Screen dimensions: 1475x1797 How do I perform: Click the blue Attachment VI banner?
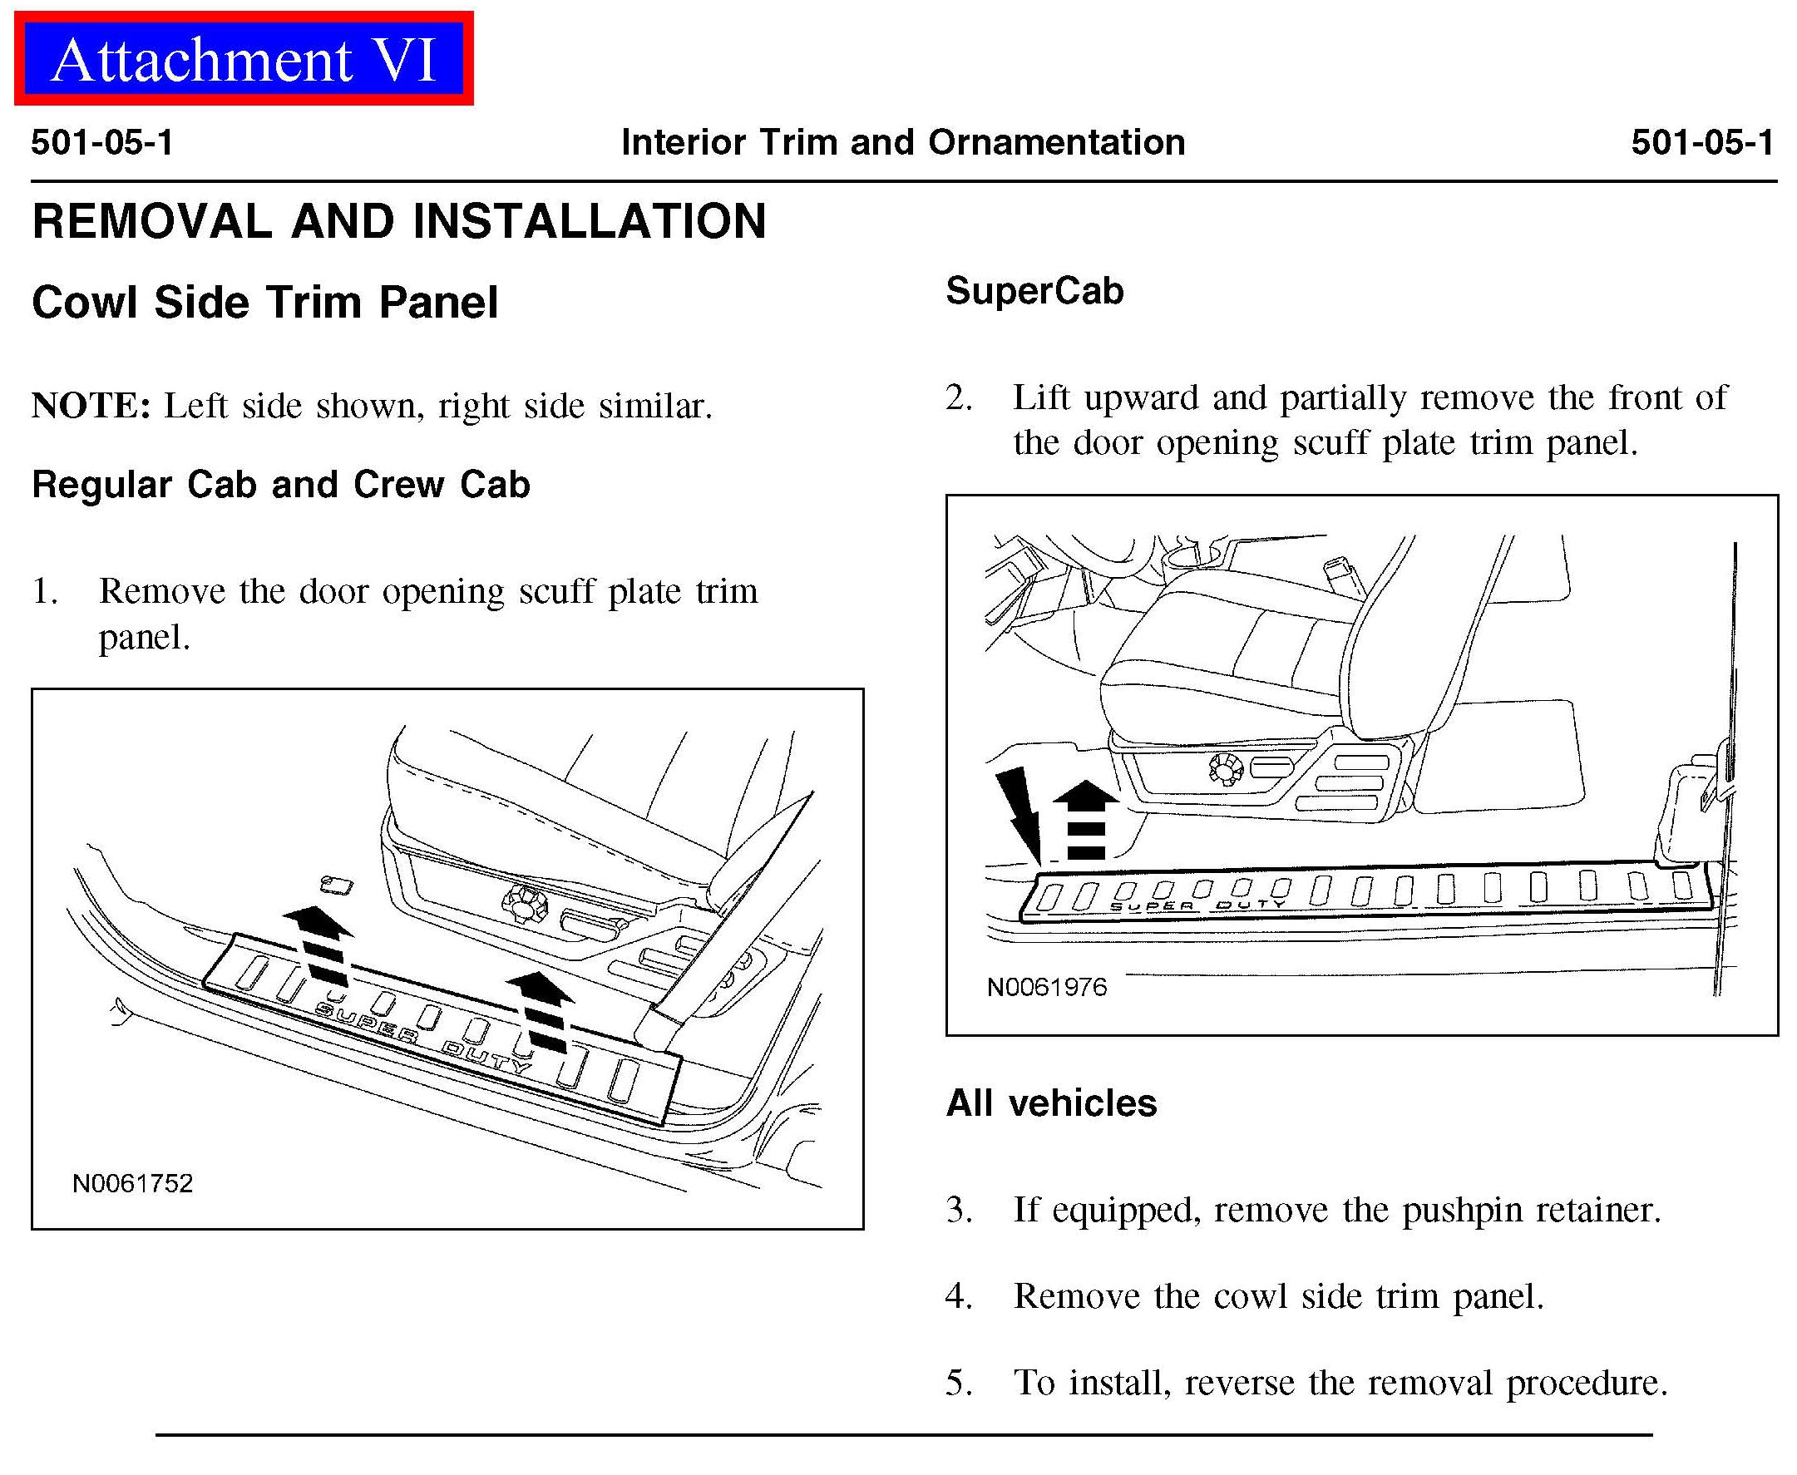(x=243, y=59)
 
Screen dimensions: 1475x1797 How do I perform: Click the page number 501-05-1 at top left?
(x=102, y=142)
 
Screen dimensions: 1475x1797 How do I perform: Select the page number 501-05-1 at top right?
(x=1702, y=142)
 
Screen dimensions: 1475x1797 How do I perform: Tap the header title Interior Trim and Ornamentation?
(x=902, y=142)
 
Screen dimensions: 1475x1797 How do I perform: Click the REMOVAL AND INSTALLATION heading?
(x=398, y=222)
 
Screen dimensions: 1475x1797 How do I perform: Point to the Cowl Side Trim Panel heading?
(x=264, y=303)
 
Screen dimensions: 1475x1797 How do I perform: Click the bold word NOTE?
(x=91, y=406)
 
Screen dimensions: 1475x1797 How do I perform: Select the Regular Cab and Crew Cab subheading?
(x=280, y=484)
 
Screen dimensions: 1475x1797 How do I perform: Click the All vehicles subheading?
(x=1051, y=1103)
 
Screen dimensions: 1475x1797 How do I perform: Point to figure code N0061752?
(x=132, y=1183)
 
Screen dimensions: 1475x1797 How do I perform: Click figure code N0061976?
(x=1046, y=987)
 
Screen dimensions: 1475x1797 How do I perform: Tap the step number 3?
(x=959, y=1210)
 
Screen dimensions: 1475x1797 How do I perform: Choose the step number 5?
(x=959, y=1384)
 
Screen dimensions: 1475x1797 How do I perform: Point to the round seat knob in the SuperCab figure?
(x=1225, y=769)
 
